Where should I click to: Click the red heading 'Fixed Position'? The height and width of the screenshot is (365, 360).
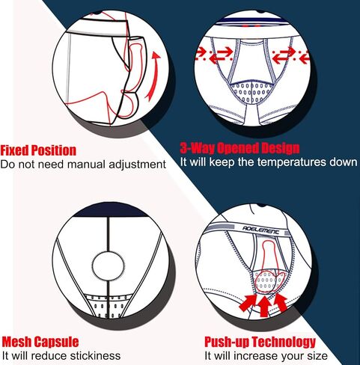[x=38, y=150]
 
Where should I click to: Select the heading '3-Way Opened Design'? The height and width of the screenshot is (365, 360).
[x=240, y=148]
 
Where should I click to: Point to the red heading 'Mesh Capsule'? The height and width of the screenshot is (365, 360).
[x=40, y=342]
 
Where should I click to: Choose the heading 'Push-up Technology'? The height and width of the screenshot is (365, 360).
[x=260, y=342]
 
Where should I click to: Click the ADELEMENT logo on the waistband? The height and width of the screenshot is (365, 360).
[x=261, y=230]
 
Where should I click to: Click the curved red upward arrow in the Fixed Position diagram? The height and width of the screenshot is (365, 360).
[x=155, y=77]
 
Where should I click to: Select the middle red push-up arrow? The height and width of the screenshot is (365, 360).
[x=264, y=306]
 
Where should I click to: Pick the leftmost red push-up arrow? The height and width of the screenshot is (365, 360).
[x=248, y=302]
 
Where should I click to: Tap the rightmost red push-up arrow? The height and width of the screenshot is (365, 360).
[x=281, y=301]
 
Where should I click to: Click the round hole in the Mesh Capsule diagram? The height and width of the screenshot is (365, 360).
[x=109, y=265]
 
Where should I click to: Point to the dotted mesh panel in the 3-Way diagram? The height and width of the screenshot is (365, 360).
[x=251, y=92]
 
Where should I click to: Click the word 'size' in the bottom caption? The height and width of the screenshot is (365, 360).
[x=317, y=356]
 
